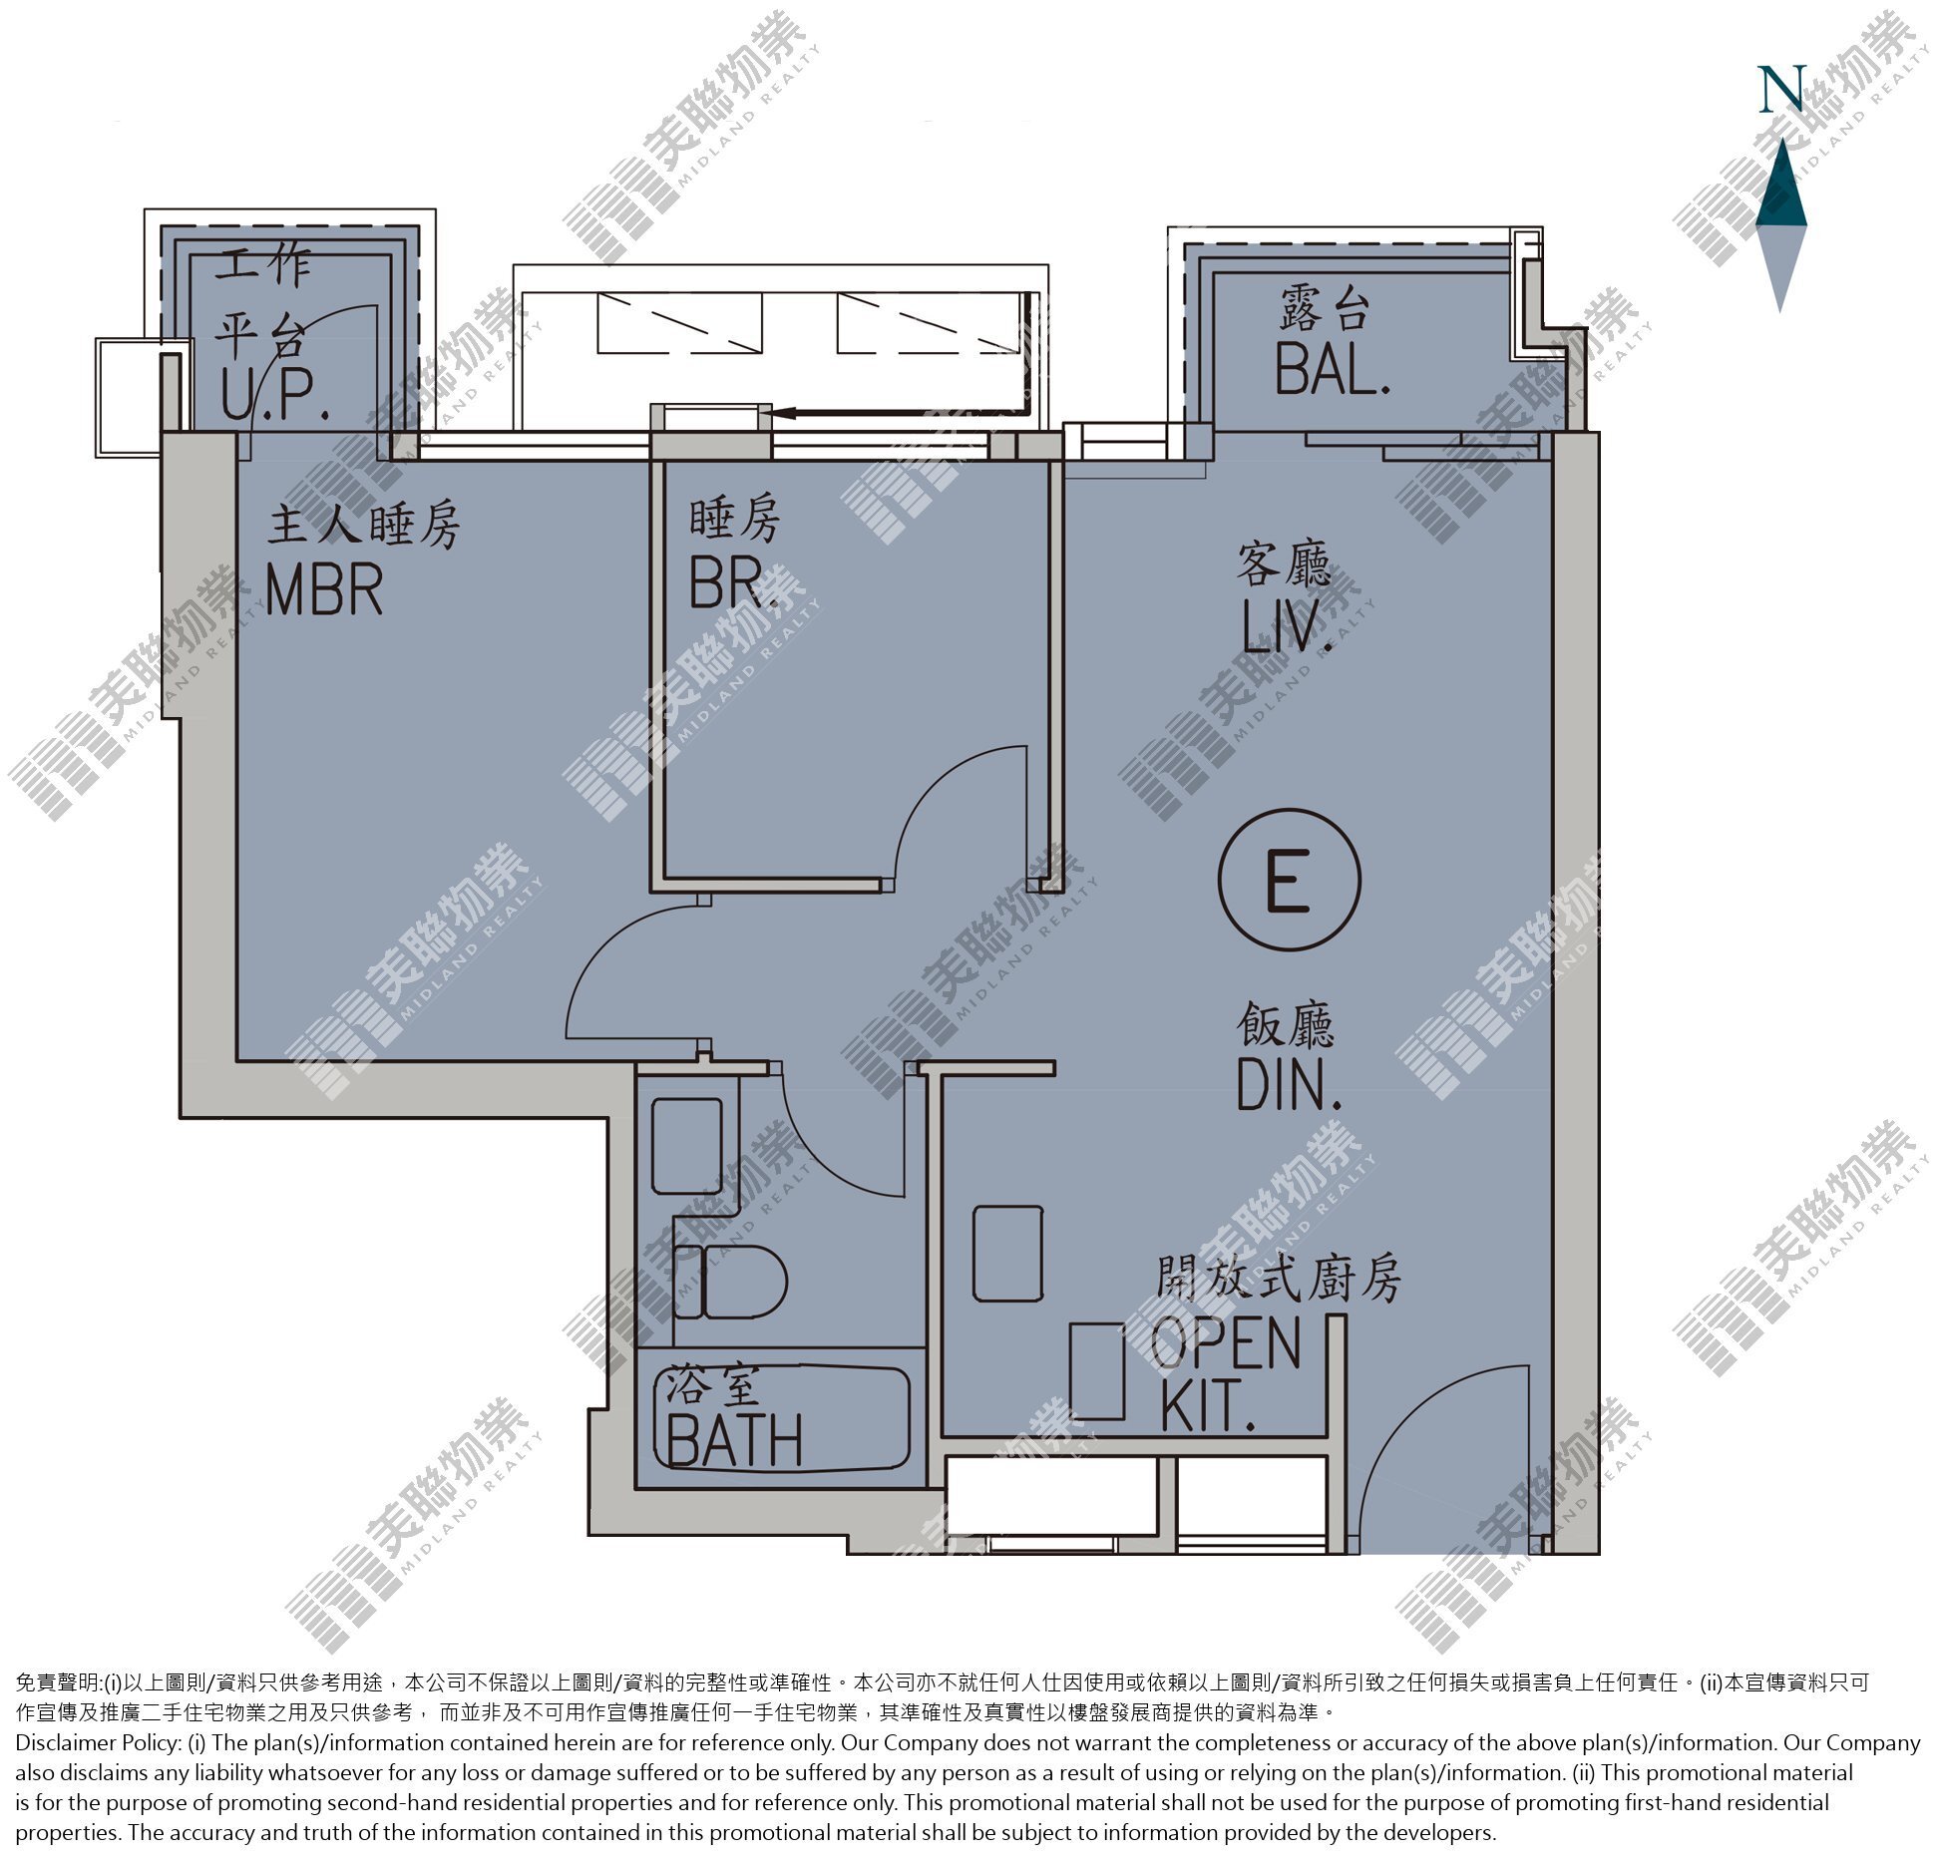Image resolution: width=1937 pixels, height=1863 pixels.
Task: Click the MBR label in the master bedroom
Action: (325, 590)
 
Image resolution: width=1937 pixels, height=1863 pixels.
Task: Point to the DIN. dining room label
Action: (1288, 1084)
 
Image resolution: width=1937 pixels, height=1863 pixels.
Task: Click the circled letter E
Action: (1289, 881)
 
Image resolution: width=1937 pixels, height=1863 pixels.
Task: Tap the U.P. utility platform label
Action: (275, 396)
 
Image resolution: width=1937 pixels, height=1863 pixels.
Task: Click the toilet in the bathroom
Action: (731, 1283)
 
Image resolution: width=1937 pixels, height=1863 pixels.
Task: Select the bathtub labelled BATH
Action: (782, 1417)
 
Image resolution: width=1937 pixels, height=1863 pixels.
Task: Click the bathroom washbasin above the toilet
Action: (687, 1146)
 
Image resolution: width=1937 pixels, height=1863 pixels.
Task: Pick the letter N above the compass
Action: (1780, 89)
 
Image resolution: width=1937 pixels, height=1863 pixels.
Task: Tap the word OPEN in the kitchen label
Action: (1226, 1342)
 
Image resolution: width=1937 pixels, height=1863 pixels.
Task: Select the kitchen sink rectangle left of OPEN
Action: (1097, 1370)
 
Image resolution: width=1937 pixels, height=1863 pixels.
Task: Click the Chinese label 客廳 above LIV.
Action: (1285, 565)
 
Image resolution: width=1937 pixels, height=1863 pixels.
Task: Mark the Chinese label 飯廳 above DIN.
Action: (1286, 1023)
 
